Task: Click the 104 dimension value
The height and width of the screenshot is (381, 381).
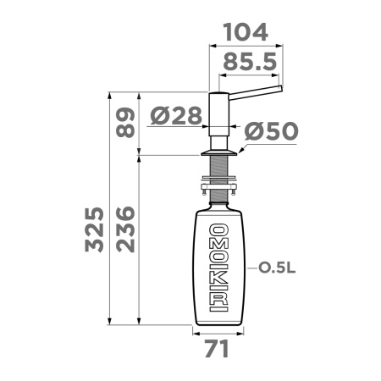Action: pyautogui.click(x=246, y=32)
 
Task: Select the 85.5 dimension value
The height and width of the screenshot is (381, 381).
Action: pyautogui.click(x=250, y=62)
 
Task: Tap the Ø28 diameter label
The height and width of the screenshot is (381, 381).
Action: pyautogui.click(x=176, y=116)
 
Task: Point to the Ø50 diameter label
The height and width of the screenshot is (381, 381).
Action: pyautogui.click(x=271, y=131)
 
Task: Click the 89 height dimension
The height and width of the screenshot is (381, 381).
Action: pyautogui.click(x=125, y=122)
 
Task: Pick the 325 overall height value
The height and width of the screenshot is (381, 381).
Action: pyautogui.click(x=94, y=229)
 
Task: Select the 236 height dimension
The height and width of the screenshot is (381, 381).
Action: pyautogui.click(x=125, y=229)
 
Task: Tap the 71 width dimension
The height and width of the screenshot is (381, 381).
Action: pyautogui.click(x=217, y=349)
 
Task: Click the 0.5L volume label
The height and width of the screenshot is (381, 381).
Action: pyautogui.click(x=277, y=268)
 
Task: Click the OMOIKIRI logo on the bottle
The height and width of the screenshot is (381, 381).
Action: pyautogui.click(x=218, y=268)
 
